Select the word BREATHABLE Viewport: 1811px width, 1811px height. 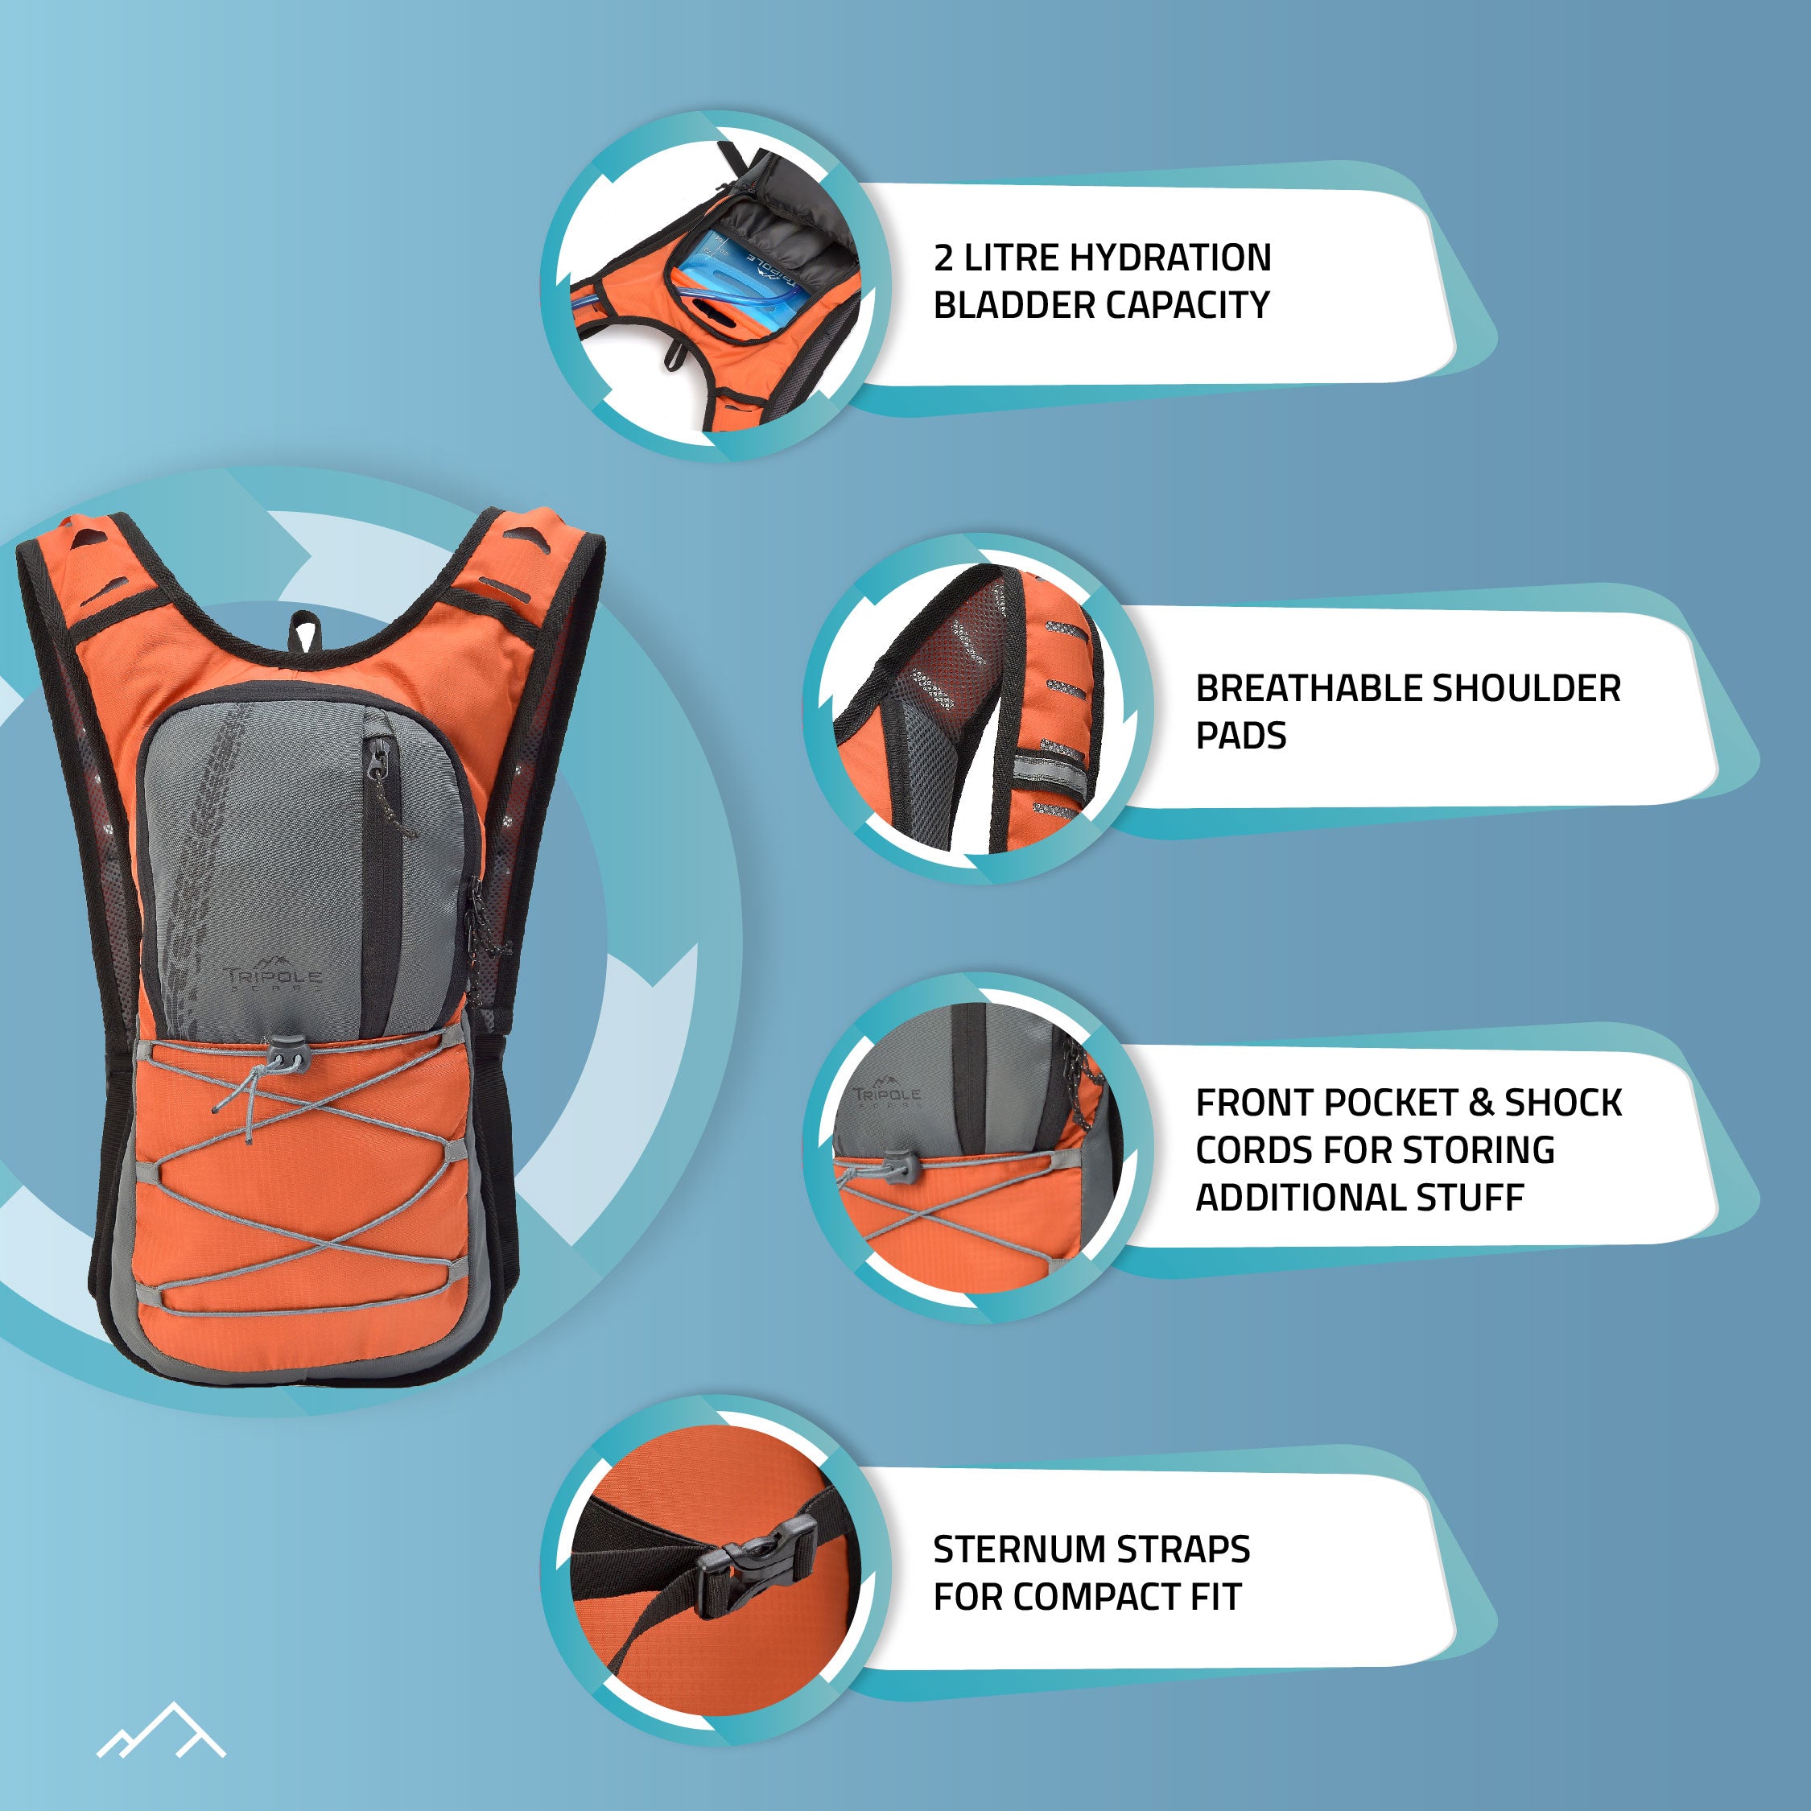[x=1309, y=689]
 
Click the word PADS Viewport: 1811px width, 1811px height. [x=1240, y=736]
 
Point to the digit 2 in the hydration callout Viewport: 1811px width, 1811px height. [x=943, y=258]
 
